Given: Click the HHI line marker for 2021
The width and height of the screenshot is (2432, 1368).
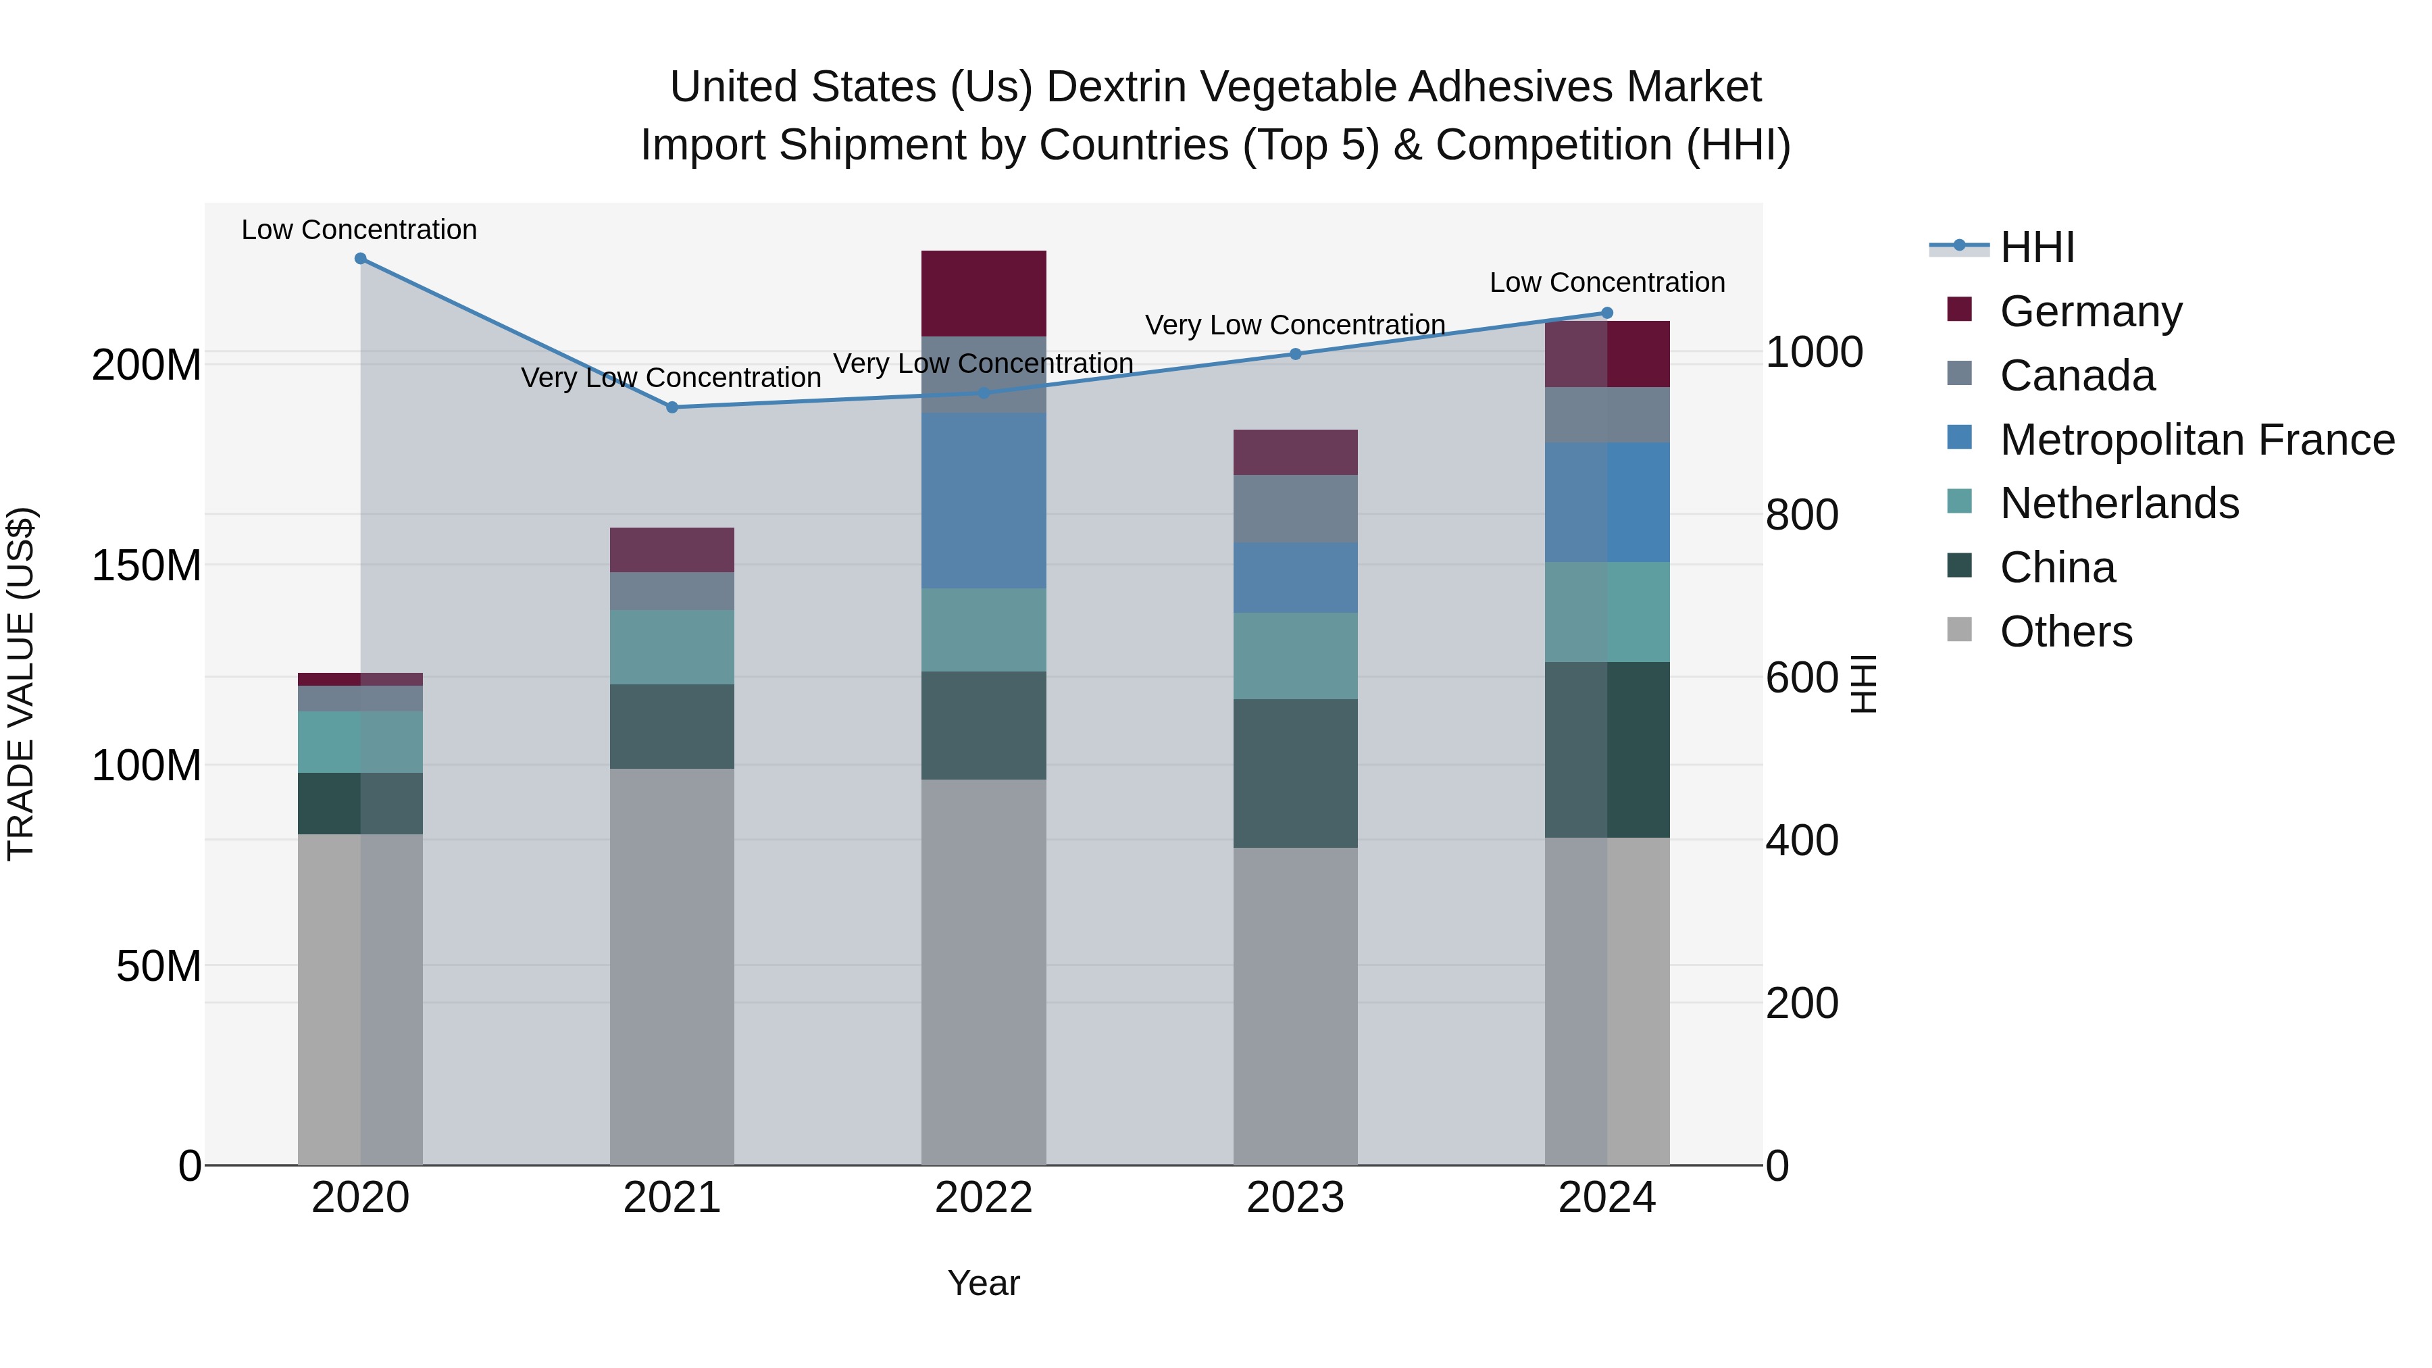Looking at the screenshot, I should pyautogui.click(x=672, y=407).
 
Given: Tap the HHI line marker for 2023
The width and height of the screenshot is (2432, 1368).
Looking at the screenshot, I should pyautogui.click(x=1295, y=354).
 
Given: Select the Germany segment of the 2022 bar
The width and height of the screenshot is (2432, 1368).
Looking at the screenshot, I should pyautogui.click(x=984, y=293).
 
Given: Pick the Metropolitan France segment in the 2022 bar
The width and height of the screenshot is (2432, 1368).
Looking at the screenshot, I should pyautogui.click(x=984, y=501).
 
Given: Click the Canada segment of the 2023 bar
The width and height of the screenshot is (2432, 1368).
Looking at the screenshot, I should pyautogui.click(x=1295, y=508).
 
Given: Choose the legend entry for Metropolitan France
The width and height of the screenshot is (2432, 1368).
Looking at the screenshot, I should pyautogui.click(x=2196, y=439).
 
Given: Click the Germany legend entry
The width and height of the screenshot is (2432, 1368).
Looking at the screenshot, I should pyautogui.click(x=2090, y=311).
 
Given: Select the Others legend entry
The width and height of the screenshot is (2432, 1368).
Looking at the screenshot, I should pyautogui.click(x=2066, y=631).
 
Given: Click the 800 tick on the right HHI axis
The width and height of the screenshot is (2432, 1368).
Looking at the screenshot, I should pyautogui.click(x=1801, y=515).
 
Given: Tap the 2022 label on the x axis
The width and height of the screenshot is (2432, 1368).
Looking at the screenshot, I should pyautogui.click(x=984, y=1197).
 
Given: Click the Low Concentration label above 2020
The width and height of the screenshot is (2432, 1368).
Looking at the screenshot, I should pyautogui.click(x=359, y=230).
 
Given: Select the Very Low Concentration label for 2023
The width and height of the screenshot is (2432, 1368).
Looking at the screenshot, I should pyautogui.click(x=1295, y=325).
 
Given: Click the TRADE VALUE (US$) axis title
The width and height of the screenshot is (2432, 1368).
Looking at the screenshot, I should pyautogui.click(x=21, y=684).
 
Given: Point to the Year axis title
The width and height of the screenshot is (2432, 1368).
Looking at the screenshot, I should pyautogui.click(x=984, y=1283).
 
